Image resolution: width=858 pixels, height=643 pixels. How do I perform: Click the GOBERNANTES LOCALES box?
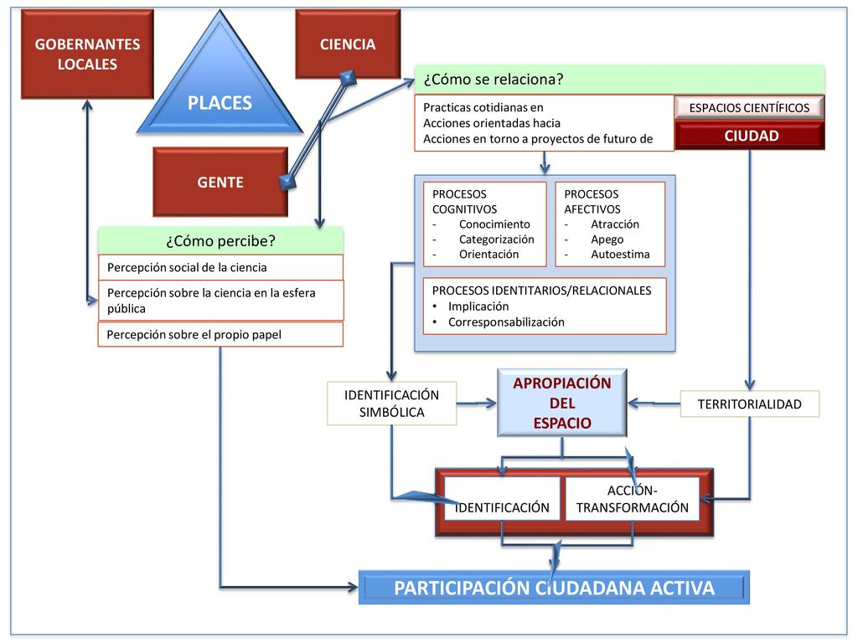(x=87, y=54)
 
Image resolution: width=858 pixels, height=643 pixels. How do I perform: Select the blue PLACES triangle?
(x=220, y=87)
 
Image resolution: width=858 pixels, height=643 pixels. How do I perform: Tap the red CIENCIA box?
(x=348, y=44)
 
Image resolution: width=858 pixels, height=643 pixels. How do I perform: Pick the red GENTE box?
(x=220, y=182)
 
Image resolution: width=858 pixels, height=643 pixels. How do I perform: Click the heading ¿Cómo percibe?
(x=220, y=240)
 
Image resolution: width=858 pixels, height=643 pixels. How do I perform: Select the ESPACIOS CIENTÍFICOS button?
(x=749, y=108)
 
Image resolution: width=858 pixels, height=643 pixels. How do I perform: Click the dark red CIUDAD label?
(x=751, y=136)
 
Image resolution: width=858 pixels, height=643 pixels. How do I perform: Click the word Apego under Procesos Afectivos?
(x=607, y=239)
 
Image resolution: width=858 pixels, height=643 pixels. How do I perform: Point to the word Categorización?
(x=496, y=239)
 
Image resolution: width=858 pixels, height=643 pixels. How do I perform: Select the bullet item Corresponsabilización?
(x=506, y=322)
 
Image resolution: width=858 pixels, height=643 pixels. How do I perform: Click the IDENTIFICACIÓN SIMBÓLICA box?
(x=392, y=404)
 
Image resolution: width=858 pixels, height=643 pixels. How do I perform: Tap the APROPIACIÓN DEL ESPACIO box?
(x=562, y=403)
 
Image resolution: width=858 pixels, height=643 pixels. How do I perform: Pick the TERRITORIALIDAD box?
(x=750, y=404)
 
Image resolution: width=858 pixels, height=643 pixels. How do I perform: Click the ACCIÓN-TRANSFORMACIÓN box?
(x=632, y=499)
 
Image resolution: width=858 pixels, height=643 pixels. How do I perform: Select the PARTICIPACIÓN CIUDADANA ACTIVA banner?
(x=554, y=588)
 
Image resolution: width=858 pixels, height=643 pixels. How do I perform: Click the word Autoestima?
(x=620, y=255)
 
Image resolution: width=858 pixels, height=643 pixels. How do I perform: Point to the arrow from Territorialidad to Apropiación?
(x=654, y=404)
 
